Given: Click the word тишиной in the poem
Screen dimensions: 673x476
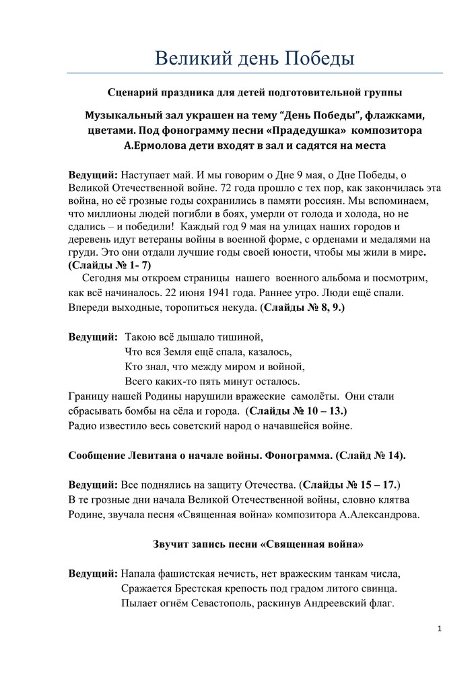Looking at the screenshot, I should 238,336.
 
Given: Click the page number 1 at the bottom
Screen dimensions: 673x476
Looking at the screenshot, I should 438,629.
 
